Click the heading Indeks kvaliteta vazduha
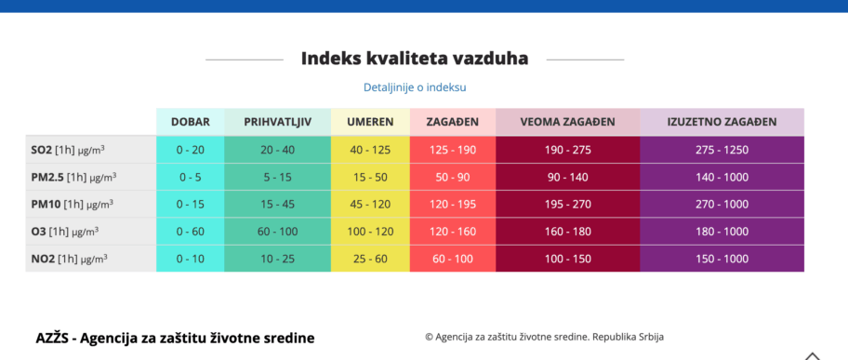tap(414, 59)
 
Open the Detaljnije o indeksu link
tap(414, 87)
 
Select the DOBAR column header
tap(190, 122)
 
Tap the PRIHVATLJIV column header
tap(277, 122)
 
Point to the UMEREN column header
tap(370, 122)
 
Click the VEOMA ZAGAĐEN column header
tap(567, 122)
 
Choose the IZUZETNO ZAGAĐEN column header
tap(721, 122)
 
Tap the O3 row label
tap(64, 232)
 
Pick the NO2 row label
tap(67, 259)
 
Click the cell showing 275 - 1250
tap(721, 150)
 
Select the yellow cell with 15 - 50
tap(370, 177)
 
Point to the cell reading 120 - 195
tap(453, 204)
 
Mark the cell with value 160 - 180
tap(567, 232)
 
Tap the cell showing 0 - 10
tap(190, 259)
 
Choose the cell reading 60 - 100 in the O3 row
tap(277, 232)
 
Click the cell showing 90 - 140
tap(567, 177)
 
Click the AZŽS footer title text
tap(175, 338)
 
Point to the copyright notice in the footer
tap(544, 337)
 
